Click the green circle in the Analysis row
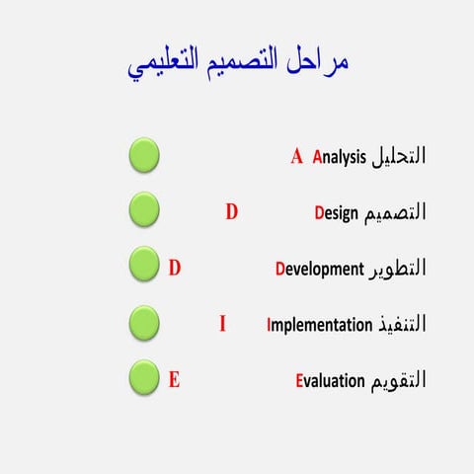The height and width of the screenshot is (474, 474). tap(144, 155)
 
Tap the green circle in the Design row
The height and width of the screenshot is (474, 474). tap(144, 210)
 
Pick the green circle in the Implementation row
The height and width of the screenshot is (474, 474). tap(144, 322)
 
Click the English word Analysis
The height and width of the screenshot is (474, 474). tap(339, 156)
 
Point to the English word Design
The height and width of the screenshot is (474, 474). tap(337, 212)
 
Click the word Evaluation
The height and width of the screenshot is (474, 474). tap(332, 380)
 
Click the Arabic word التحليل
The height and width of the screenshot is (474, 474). tap(400, 156)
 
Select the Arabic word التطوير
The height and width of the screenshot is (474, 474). tap(400, 268)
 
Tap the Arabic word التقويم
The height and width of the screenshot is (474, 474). tap(400, 380)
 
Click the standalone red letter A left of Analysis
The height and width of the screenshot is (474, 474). tap(296, 156)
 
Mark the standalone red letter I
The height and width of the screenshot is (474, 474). tap(222, 322)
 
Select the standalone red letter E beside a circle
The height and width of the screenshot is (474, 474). tap(174, 378)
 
